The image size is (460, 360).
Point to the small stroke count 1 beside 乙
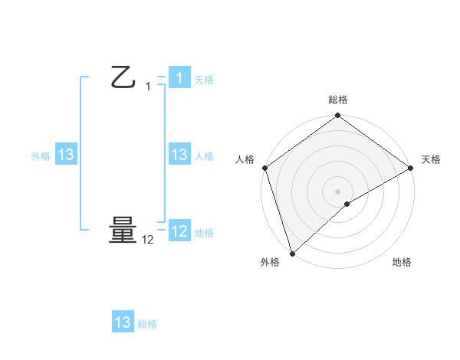148,87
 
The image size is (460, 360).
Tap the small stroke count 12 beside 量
148,240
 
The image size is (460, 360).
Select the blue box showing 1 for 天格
179,78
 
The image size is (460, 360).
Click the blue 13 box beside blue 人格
179,155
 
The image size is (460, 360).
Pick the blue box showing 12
179,231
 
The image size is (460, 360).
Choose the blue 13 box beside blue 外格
65,155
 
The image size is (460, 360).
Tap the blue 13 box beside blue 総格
123,322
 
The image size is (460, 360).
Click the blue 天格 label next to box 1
204,80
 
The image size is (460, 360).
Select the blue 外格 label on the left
41,156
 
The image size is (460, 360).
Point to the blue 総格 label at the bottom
147,324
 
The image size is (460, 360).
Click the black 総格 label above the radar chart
337,100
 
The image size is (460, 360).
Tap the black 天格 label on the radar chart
431,159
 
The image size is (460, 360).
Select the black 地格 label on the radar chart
402,262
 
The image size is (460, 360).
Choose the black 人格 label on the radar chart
245,159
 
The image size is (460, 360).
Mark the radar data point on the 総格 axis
337,116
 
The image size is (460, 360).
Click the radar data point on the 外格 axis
291,253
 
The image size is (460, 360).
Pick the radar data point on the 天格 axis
411,168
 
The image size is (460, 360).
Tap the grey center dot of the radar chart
337,191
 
